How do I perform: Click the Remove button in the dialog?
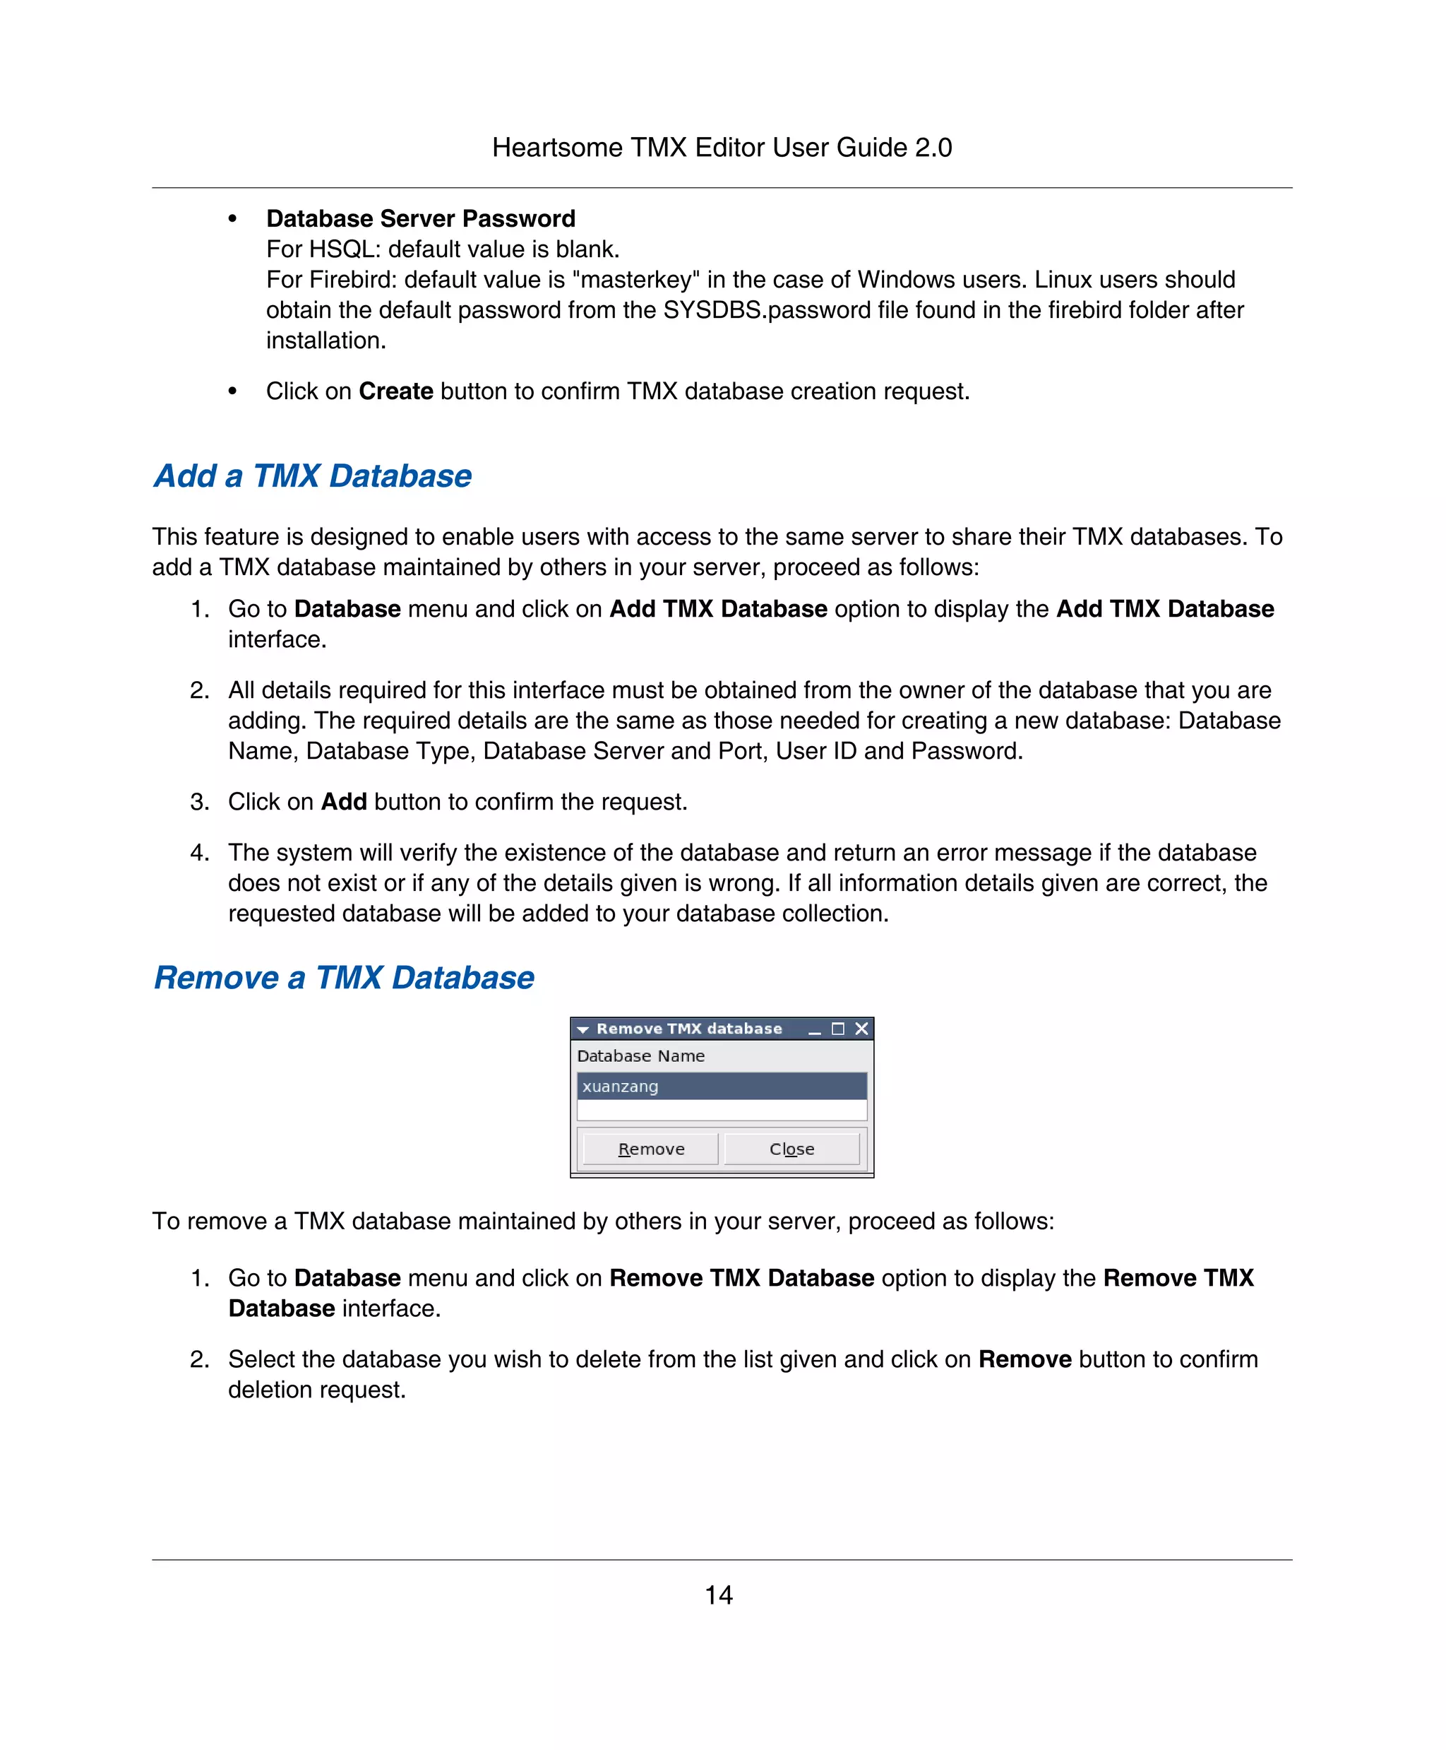[650, 1149]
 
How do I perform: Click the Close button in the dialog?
[791, 1149]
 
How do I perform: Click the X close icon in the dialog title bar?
[862, 1029]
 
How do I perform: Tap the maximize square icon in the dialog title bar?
[838, 1029]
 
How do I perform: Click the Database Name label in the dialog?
[640, 1056]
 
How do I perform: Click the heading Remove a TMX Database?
[344, 979]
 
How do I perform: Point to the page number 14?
[719, 1595]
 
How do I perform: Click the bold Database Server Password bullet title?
[421, 218]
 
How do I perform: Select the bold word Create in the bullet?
[395, 391]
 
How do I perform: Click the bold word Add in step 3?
[344, 802]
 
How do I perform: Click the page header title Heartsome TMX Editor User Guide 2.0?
[722, 148]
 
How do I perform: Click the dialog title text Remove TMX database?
[689, 1029]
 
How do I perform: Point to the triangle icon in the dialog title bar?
[583, 1030]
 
